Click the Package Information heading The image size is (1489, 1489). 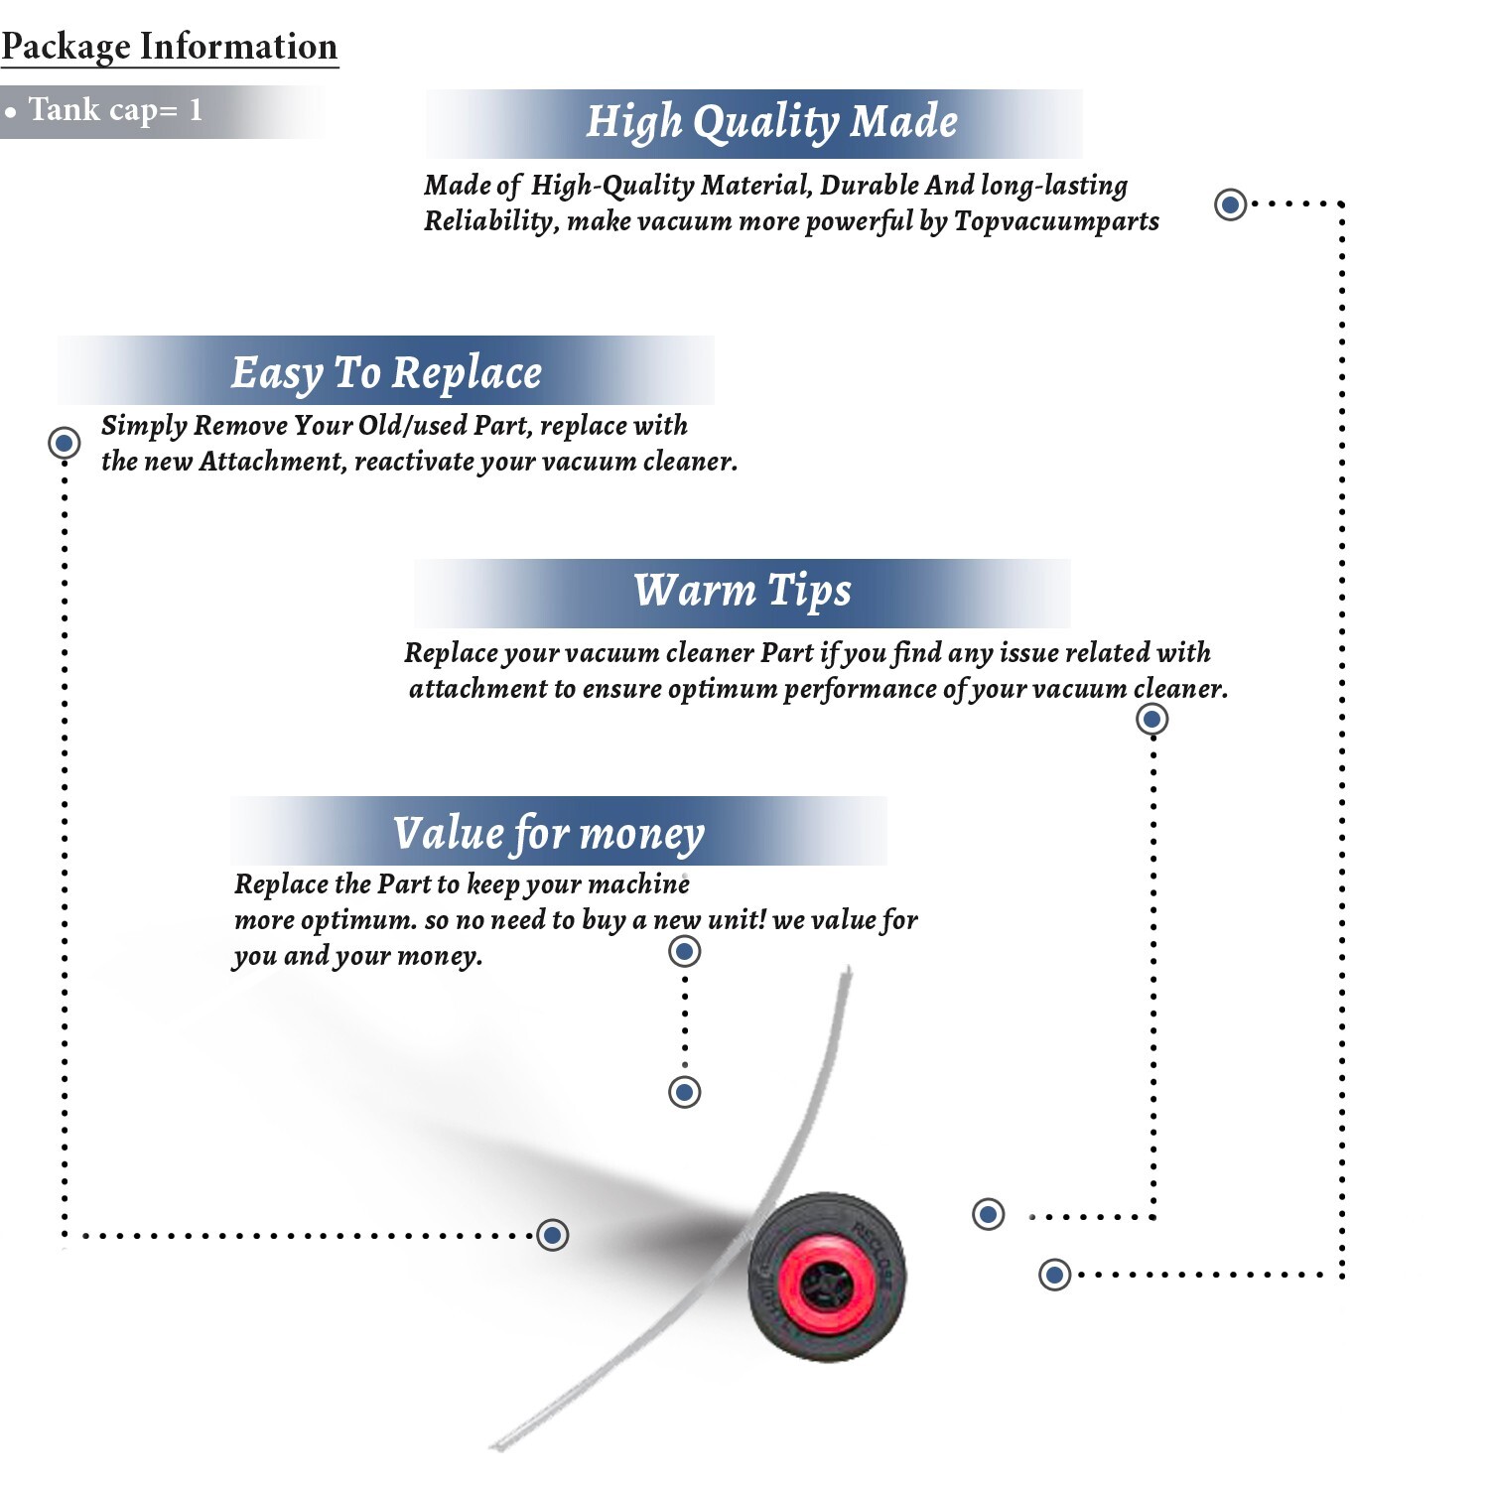pyautogui.click(x=170, y=47)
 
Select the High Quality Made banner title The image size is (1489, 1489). pyautogui.click(x=771, y=122)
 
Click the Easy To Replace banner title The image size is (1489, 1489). pyautogui.click(x=386, y=373)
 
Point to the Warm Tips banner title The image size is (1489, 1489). pyautogui.click(x=743, y=591)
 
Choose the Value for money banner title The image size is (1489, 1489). pyautogui.click(x=549, y=834)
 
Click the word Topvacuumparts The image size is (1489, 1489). pyautogui.click(x=1056, y=221)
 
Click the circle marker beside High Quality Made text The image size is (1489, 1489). pyautogui.click(x=1231, y=204)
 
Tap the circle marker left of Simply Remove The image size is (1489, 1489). pyautogui.click(x=65, y=442)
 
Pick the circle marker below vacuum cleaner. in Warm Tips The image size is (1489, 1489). pyautogui.click(x=1151, y=719)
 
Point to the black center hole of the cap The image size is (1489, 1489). pyautogui.click(x=826, y=1286)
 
